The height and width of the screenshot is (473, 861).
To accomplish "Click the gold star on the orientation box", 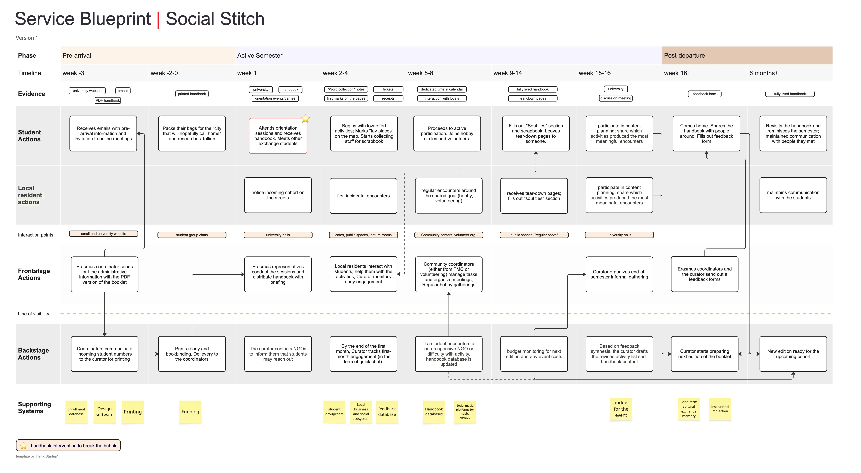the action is (305, 119).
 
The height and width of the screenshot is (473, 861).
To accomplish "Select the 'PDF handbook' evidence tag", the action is (108, 100).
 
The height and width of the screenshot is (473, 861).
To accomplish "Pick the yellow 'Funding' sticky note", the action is (190, 412).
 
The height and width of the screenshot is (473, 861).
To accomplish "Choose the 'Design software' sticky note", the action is (105, 412).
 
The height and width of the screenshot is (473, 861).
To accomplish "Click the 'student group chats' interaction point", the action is (192, 235).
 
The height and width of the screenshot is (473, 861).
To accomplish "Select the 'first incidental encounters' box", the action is (363, 196).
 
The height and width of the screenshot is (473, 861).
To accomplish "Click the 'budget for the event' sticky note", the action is (621, 409).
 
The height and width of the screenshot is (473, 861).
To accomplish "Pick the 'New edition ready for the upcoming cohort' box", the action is (793, 354).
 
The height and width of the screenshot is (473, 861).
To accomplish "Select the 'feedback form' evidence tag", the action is (704, 94).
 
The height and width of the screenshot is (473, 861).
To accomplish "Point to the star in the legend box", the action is (24, 446).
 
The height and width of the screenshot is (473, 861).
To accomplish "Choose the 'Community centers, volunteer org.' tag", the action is (449, 235).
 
